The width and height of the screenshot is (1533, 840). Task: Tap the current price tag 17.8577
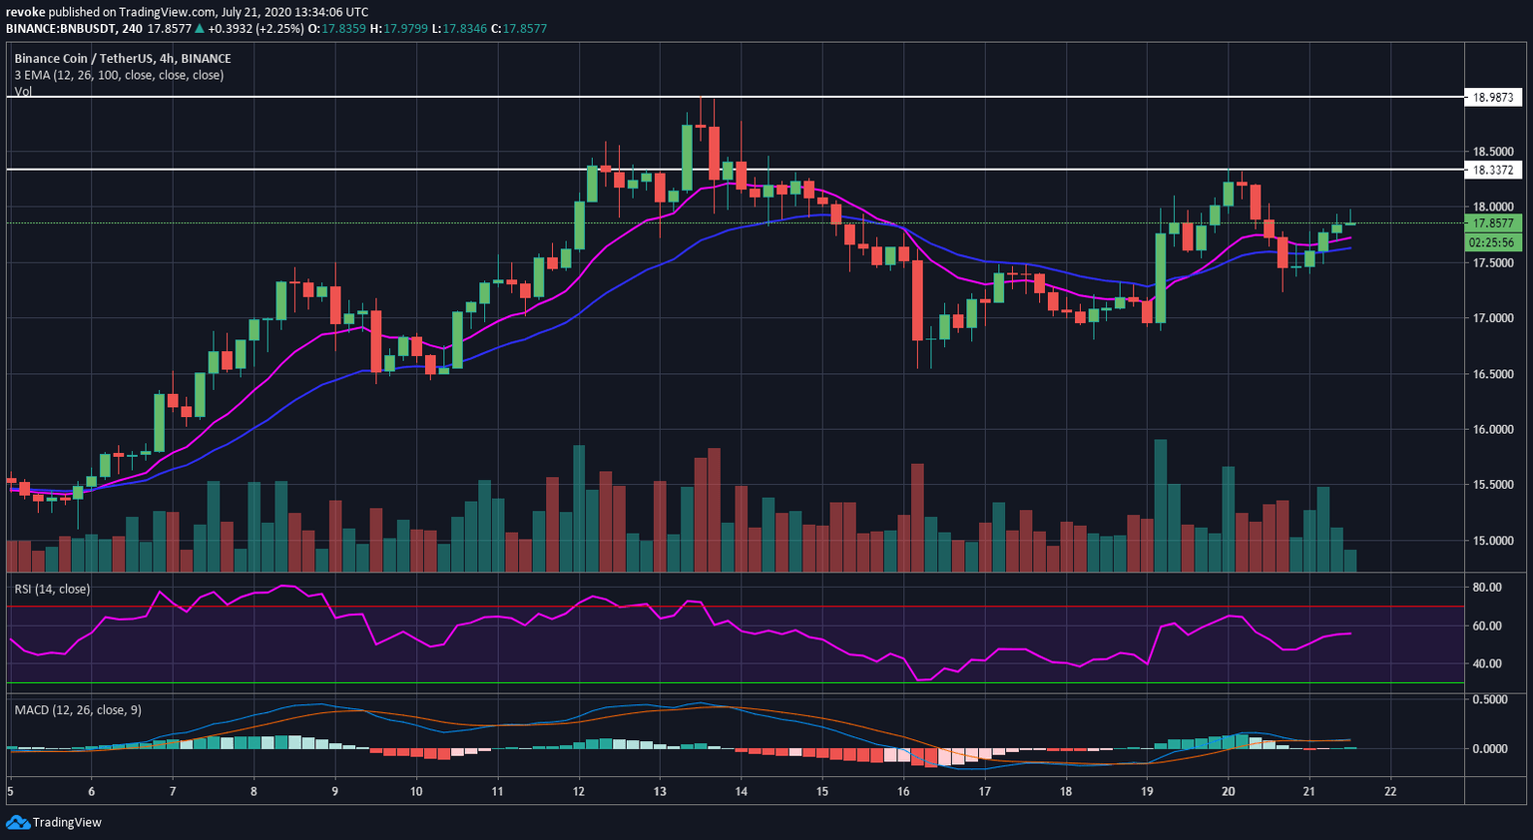(x=1493, y=223)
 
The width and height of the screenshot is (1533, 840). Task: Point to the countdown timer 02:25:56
(x=1493, y=242)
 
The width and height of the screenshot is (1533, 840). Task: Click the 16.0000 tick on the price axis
(x=1493, y=429)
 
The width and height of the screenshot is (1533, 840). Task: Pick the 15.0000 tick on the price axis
(x=1493, y=541)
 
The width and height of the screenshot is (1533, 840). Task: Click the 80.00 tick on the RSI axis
(x=1487, y=588)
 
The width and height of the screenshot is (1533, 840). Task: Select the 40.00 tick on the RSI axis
(x=1487, y=663)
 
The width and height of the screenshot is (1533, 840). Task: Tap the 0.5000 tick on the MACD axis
(x=1490, y=700)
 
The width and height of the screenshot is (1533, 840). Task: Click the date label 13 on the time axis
(x=660, y=792)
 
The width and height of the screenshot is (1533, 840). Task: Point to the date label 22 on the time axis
(x=1390, y=792)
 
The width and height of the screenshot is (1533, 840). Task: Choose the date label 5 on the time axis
(x=10, y=792)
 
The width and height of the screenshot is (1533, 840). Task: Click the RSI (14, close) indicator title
(x=52, y=590)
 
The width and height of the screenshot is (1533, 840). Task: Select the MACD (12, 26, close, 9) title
(x=78, y=710)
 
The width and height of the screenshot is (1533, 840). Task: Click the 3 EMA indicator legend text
(x=119, y=75)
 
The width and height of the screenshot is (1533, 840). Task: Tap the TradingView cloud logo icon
(x=17, y=822)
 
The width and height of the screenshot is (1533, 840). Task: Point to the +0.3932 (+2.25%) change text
(x=255, y=29)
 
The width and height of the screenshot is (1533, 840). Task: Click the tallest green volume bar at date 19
(x=1160, y=505)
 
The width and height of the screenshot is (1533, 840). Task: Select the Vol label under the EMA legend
(x=23, y=91)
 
